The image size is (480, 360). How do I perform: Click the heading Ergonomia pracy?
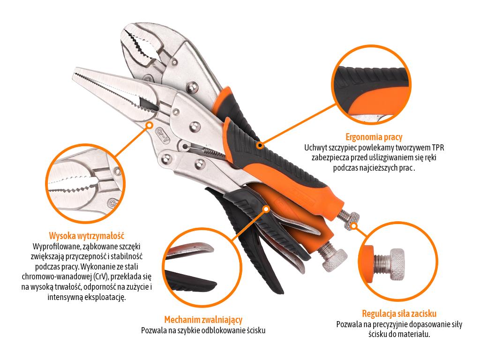tap(374, 137)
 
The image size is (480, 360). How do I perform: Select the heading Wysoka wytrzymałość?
tap(87, 236)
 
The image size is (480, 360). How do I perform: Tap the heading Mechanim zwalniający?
tap(203, 320)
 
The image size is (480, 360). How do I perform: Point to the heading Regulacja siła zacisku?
tap(399, 314)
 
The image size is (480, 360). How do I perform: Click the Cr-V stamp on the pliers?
tap(162, 135)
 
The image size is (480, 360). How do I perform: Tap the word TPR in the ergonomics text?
tap(438, 148)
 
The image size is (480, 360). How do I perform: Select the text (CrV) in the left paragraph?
tap(101, 277)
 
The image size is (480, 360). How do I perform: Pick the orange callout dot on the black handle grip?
tap(260, 145)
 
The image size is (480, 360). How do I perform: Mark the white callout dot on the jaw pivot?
tap(150, 125)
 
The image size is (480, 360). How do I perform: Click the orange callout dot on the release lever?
tap(266, 209)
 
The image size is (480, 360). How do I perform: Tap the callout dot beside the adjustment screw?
tap(354, 226)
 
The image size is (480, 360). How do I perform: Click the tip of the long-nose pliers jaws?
tap(75, 75)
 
